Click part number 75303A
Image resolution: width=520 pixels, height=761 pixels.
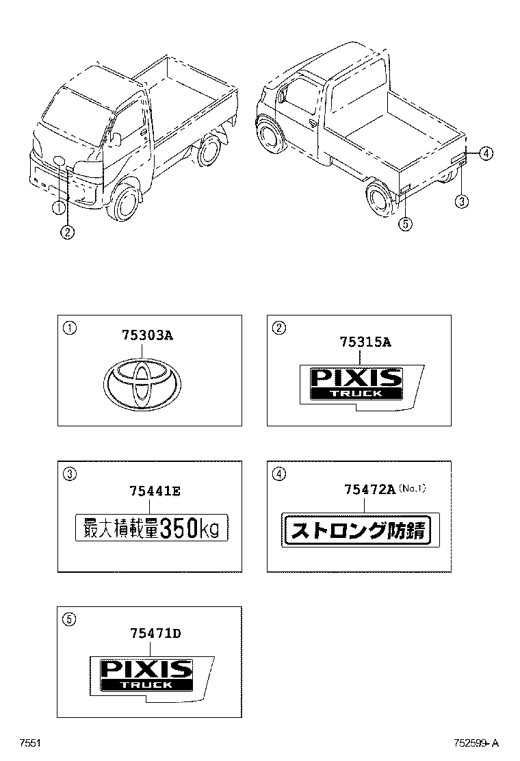coord(148,335)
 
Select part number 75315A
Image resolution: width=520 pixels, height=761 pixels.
coord(365,342)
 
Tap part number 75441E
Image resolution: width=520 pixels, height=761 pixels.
coord(155,491)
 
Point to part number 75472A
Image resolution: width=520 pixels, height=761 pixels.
coord(369,489)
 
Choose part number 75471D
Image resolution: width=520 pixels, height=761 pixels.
coord(155,633)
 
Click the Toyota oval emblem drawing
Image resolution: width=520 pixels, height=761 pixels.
coord(142,383)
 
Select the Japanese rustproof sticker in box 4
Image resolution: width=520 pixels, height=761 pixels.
coord(361,530)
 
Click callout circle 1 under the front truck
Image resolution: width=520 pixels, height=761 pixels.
coord(58,208)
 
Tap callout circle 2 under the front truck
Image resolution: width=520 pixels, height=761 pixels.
coord(68,233)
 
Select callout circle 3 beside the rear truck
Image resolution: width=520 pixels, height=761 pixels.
coord(461,201)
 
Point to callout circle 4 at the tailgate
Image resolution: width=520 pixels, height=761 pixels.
coord(486,153)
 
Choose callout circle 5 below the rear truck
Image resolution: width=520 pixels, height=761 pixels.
coord(406,224)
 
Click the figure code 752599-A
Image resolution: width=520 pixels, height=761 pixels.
coord(476,743)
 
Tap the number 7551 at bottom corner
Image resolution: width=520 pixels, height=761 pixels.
coord(29,743)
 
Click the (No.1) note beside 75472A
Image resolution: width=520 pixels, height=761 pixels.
coord(412,488)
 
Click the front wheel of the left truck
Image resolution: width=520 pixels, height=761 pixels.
coord(124,202)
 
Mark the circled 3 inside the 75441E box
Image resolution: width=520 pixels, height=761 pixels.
coord(70,474)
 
